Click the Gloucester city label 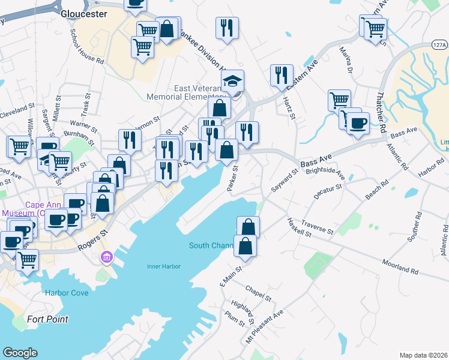(x=89, y=13)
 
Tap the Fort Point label (x=47, y=319)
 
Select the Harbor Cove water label (x=66, y=293)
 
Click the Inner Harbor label (x=163, y=266)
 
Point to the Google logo (x=20, y=353)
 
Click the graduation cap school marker (x=234, y=80)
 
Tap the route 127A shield (x=439, y=44)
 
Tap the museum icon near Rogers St (x=107, y=257)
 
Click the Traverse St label (x=317, y=226)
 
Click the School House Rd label (x=86, y=46)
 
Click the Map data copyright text (x=423, y=355)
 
